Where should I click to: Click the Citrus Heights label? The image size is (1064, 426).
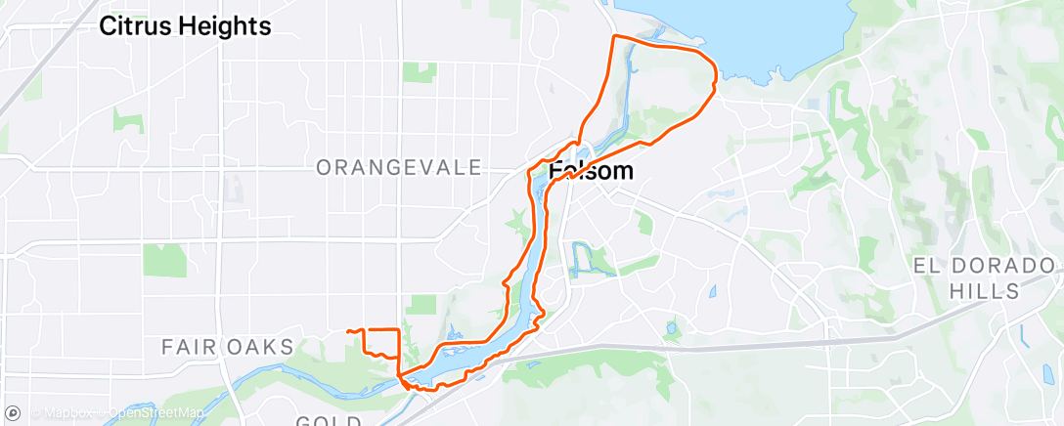point(185,26)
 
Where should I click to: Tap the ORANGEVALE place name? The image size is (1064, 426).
point(399,168)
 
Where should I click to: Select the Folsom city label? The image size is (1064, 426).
point(591,171)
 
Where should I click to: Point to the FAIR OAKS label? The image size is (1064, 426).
point(227,347)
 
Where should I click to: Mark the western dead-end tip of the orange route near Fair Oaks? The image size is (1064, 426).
point(348,332)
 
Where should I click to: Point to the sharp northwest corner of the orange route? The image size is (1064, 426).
point(613,36)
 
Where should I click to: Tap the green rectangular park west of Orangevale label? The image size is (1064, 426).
point(164,260)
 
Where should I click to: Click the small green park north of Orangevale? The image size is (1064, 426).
point(420,71)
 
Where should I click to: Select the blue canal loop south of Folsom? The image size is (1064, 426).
point(583,257)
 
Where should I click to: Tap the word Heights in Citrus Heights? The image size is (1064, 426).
point(229,26)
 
